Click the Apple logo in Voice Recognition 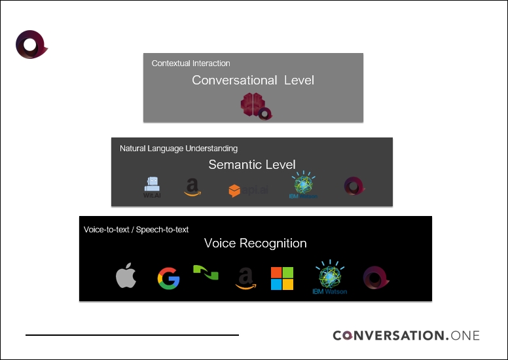click(x=126, y=278)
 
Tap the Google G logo click(x=168, y=279)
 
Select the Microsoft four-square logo click(x=282, y=278)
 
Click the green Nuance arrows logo click(x=206, y=272)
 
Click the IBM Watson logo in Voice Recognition click(x=329, y=278)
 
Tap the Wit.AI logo click(x=152, y=187)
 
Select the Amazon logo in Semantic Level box click(x=192, y=188)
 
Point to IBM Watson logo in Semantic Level click(x=303, y=185)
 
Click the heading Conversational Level click(x=253, y=80)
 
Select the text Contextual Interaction click(x=190, y=63)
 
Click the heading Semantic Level click(x=252, y=165)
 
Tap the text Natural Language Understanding click(x=178, y=149)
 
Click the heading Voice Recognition click(x=255, y=243)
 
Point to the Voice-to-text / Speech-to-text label click(x=136, y=230)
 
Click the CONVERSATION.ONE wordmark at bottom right click(x=406, y=335)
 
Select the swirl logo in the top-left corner click(x=30, y=44)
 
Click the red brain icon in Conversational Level click(x=251, y=105)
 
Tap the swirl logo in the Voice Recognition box click(x=376, y=278)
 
